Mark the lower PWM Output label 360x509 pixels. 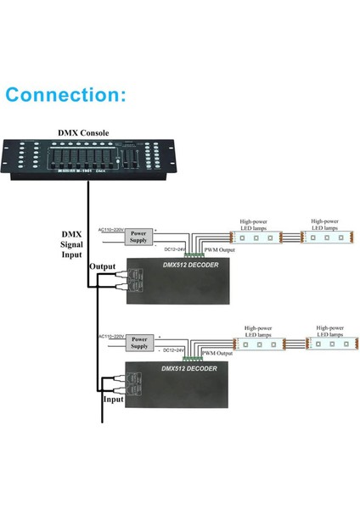point(217,352)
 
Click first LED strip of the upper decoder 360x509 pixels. point(256,238)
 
